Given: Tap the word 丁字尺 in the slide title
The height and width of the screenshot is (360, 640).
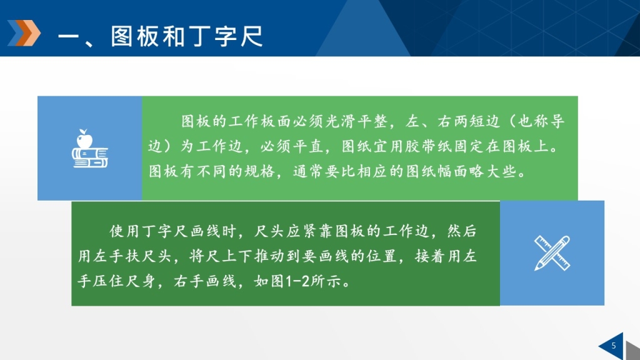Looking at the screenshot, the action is coord(226,36).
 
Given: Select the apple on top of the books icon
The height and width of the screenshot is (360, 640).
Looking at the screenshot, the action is coord(84,139).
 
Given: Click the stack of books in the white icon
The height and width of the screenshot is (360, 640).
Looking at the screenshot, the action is coord(90,157).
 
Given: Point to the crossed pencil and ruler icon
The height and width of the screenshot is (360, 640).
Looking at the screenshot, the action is coord(552,253).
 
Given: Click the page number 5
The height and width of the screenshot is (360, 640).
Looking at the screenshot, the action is coord(614,346).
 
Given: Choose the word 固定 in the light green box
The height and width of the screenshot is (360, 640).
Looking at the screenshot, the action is coord(469,146).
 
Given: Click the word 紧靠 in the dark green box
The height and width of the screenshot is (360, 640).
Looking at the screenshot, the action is coord(310,231).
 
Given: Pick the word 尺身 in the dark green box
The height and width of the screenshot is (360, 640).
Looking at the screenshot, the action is coord(140,281).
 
